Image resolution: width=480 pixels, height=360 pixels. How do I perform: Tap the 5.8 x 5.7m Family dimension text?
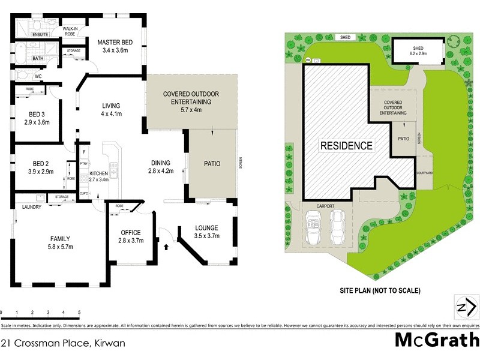[59, 247]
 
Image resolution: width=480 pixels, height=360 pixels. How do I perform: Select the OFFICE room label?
[130, 232]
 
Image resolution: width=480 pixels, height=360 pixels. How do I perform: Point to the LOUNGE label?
[206, 228]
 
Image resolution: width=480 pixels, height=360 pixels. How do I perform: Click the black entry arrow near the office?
[166, 245]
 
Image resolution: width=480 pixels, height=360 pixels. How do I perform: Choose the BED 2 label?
[41, 163]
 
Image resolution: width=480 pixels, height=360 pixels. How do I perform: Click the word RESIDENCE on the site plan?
[346, 145]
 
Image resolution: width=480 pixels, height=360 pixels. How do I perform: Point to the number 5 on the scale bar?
[79, 313]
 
